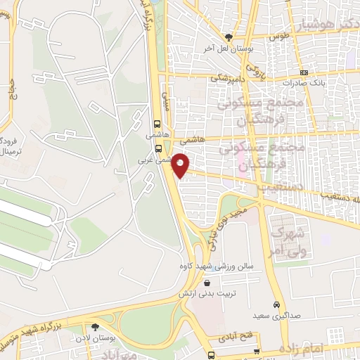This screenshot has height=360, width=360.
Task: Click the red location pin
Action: click(x=182, y=165)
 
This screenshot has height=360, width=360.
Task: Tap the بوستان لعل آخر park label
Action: click(x=228, y=48)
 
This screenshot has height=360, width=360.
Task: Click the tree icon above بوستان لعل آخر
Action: click(x=228, y=37)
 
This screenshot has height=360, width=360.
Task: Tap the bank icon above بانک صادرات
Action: click(x=304, y=72)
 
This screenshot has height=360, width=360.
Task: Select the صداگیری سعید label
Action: click(x=277, y=316)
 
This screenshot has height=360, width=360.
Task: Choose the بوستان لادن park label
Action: click(x=95, y=338)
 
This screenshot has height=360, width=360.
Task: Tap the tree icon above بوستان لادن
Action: click(x=95, y=327)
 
